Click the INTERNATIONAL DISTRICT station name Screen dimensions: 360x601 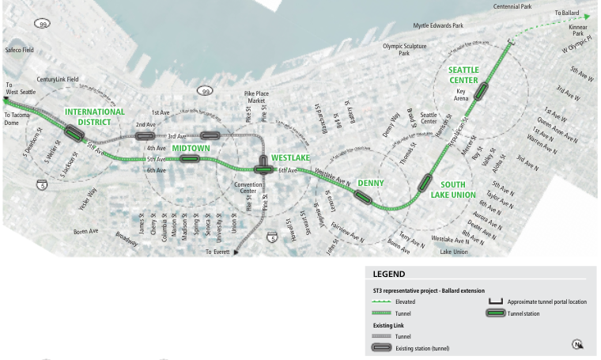pyautogui.click(x=94, y=117)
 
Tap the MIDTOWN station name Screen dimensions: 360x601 pyautogui.click(x=191, y=148)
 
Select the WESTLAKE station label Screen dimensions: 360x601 pyautogui.click(x=290, y=158)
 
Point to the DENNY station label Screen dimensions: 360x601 pyautogui.click(x=370, y=184)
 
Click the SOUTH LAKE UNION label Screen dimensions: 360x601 pyautogui.click(x=453, y=190)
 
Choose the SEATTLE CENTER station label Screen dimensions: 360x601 pyautogui.click(x=464, y=75)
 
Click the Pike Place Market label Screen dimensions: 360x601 pyautogui.click(x=257, y=98)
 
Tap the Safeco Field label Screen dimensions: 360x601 pyautogui.click(x=20, y=50)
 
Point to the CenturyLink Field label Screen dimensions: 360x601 pyautogui.click(x=58, y=79)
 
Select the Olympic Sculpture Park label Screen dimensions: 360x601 pyautogui.click(x=405, y=50)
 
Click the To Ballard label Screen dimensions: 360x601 pyautogui.click(x=567, y=13)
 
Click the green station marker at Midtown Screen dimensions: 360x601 pyautogui.click(x=188, y=159)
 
